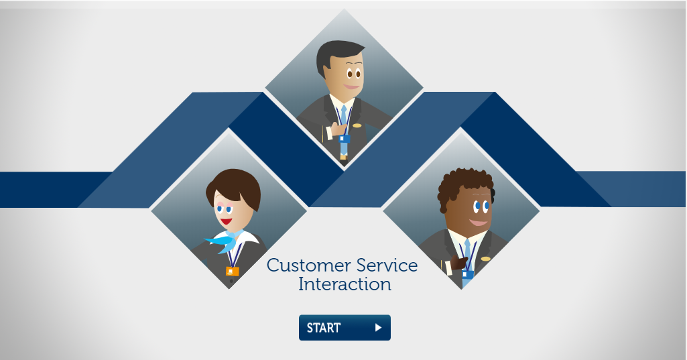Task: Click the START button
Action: click(x=345, y=328)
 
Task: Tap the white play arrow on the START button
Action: click(x=378, y=328)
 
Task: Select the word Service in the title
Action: click(x=387, y=265)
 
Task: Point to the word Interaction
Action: click(x=345, y=284)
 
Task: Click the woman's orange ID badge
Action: click(x=232, y=272)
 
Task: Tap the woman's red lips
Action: click(x=227, y=221)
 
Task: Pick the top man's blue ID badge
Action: click(x=345, y=139)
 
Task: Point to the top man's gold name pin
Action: click(x=357, y=126)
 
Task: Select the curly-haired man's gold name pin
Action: click(x=485, y=259)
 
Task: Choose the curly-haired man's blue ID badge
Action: click(x=467, y=275)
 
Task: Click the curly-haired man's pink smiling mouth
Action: click(x=479, y=223)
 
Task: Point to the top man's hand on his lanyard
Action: click(x=338, y=129)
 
